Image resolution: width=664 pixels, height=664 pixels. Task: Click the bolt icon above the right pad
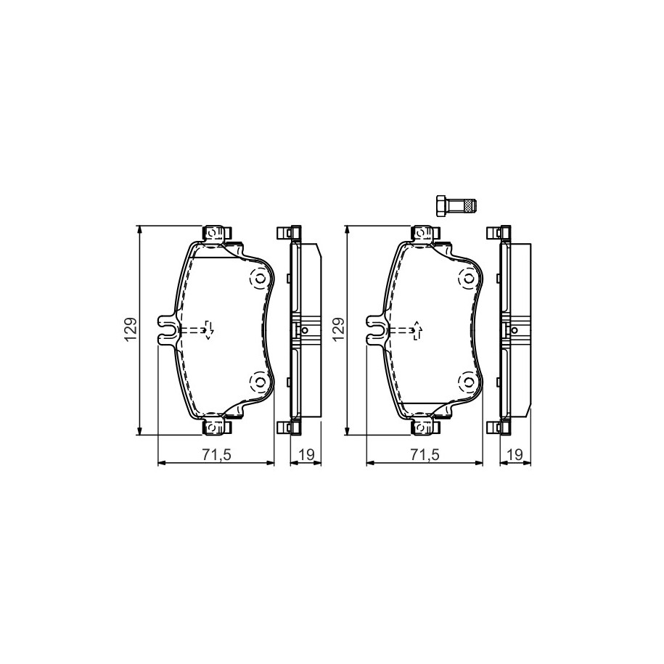point(456,206)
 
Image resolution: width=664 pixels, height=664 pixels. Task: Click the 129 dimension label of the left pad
point(131,329)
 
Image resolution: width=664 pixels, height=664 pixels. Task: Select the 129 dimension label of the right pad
point(339,329)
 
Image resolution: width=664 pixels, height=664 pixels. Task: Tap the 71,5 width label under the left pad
point(216,455)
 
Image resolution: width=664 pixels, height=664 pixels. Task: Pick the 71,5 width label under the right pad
point(425,455)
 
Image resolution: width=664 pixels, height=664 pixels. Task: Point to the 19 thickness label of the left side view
point(306,455)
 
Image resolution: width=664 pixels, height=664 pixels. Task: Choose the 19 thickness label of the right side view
point(515,455)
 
